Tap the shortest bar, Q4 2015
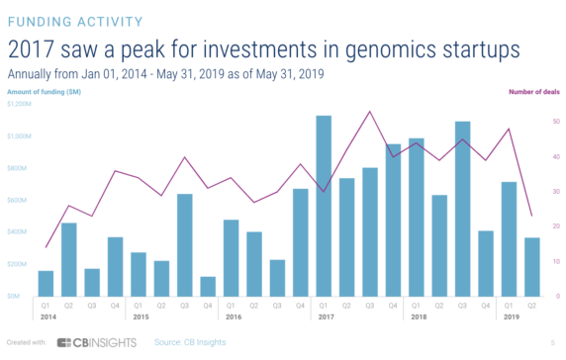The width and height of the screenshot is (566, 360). [208, 286]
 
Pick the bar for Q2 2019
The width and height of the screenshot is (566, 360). [531, 267]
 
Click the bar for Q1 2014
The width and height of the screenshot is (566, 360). [46, 283]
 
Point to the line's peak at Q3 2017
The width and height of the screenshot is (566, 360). [369, 112]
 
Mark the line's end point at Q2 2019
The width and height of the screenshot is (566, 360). [531, 216]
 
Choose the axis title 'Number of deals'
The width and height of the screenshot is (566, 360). [533, 92]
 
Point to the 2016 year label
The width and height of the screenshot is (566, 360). [233, 317]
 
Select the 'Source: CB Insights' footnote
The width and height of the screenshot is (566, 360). [191, 342]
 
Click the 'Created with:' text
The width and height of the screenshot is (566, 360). [24, 342]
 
